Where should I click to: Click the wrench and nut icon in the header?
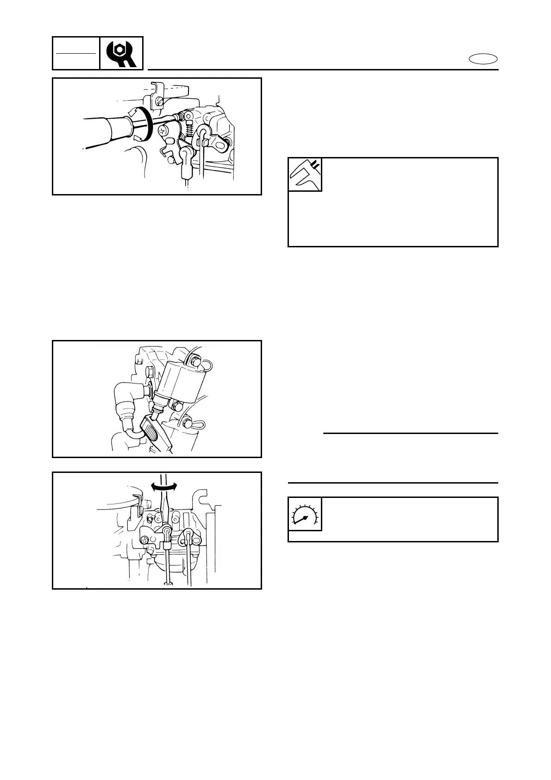[x=121, y=53]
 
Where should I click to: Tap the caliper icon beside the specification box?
[x=305, y=175]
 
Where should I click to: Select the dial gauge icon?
[x=305, y=514]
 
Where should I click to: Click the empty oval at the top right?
[x=483, y=59]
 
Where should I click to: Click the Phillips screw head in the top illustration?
[x=162, y=131]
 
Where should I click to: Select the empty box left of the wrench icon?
[x=76, y=53]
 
